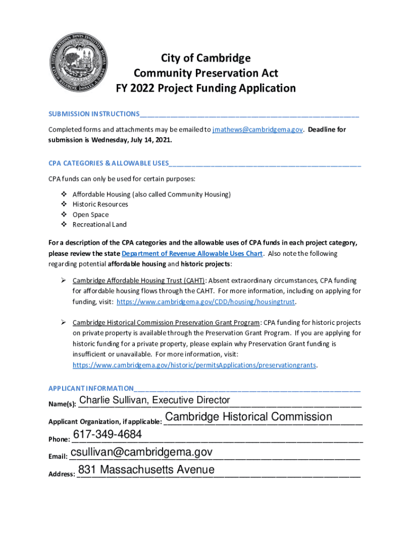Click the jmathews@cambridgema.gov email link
(x=258, y=130)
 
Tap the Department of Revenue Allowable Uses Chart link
(x=192, y=253)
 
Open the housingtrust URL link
(x=206, y=301)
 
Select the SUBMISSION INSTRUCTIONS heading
(x=94, y=114)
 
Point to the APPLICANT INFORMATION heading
(x=91, y=388)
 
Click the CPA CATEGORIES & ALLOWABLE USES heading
(x=109, y=163)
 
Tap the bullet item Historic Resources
(x=100, y=204)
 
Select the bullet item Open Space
(x=90, y=215)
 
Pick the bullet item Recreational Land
(x=100, y=225)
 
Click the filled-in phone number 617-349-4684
(x=107, y=434)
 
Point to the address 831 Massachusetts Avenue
(x=146, y=470)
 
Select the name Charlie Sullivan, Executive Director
(x=154, y=400)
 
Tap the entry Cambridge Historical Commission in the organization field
(x=248, y=417)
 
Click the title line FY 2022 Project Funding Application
(x=206, y=88)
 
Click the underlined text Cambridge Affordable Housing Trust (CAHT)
(x=139, y=280)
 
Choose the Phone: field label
(x=59, y=439)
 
